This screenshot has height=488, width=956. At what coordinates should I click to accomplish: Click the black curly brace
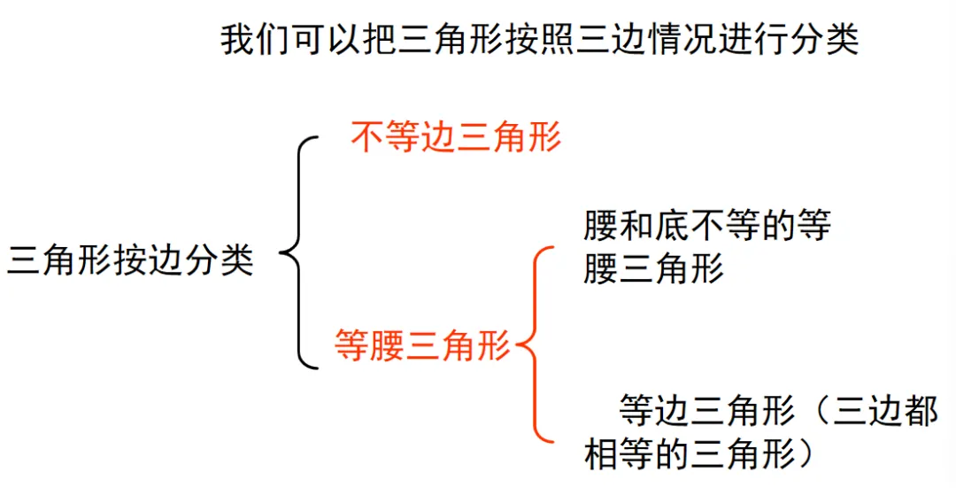point(299,252)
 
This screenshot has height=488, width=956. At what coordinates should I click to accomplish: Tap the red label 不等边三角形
point(456,138)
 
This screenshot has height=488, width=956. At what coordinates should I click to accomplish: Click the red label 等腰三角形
point(423,344)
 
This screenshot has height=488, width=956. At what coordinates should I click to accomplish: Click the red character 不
point(367,138)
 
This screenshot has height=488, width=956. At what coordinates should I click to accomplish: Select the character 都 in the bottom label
point(920,411)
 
